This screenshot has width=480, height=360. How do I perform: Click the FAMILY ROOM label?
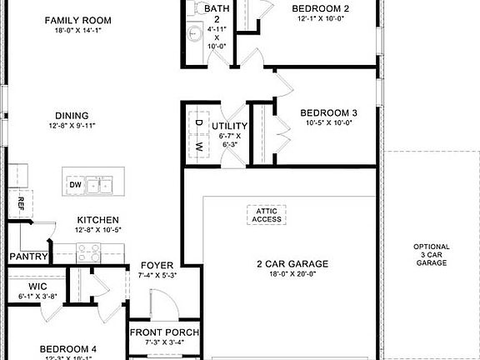click(78, 19)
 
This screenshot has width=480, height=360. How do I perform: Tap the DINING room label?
click(72, 116)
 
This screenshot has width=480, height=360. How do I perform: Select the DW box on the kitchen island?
click(75, 184)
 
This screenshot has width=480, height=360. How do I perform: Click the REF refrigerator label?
click(19, 202)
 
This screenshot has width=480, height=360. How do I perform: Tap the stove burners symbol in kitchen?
click(88, 247)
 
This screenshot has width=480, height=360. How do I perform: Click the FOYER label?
click(157, 265)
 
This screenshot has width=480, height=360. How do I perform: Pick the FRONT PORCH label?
click(164, 332)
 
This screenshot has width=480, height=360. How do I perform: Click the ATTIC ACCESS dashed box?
click(267, 214)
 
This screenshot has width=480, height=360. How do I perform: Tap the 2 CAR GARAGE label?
click(292, 264)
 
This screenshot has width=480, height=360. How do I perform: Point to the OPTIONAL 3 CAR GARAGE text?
click(432, 254)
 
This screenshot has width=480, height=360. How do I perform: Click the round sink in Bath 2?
click(193, 34)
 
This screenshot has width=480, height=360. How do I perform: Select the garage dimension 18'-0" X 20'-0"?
click(292, 275)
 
